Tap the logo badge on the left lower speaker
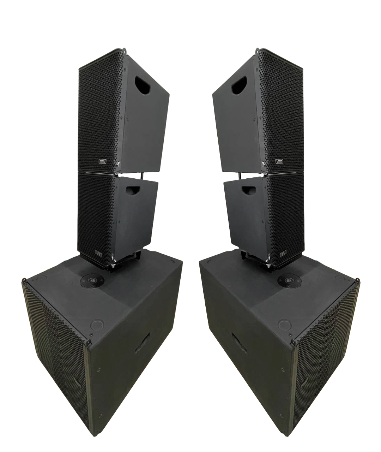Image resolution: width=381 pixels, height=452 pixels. (x=98, y=253)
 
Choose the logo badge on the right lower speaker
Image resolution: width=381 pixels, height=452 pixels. (x=283, y=253)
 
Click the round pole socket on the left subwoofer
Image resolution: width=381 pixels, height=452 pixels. (x=92, y=282)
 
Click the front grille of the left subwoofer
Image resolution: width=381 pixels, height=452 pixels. (x=56, y=350)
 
